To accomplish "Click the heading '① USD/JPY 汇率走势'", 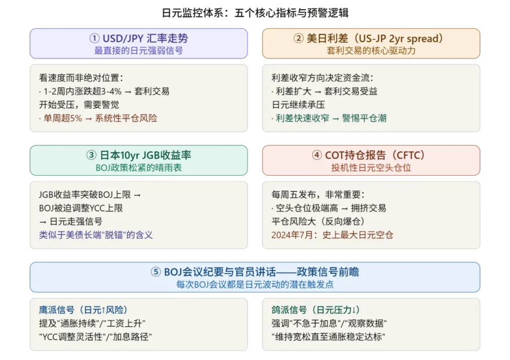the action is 138,38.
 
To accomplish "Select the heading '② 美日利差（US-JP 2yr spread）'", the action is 371,38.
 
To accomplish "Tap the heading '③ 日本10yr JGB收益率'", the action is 138,155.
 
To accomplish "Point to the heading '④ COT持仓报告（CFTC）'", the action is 371,155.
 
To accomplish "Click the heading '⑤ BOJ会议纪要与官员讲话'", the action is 255,272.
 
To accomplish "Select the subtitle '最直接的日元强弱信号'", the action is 138,51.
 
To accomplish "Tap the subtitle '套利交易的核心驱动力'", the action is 371,51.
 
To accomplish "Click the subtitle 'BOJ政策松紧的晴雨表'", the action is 138,168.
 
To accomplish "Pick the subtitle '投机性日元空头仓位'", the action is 371,168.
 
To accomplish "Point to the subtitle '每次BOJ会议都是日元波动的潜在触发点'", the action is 255,284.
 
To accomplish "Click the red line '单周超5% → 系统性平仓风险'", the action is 98,118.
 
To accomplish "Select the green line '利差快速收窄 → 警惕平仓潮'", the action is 329,118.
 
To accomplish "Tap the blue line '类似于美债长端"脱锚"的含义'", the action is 96,234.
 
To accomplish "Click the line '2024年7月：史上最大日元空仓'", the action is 333,234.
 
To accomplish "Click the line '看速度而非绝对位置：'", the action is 81,78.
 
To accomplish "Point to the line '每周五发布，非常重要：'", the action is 318,194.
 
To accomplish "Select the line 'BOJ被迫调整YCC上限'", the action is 81,208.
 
